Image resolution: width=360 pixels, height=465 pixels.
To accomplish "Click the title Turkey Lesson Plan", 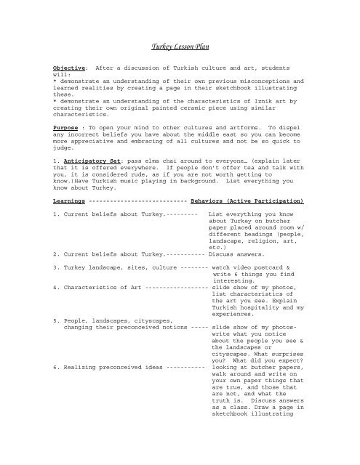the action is coord(179,46).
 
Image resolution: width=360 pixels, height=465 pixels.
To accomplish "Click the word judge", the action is coord(63,164).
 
